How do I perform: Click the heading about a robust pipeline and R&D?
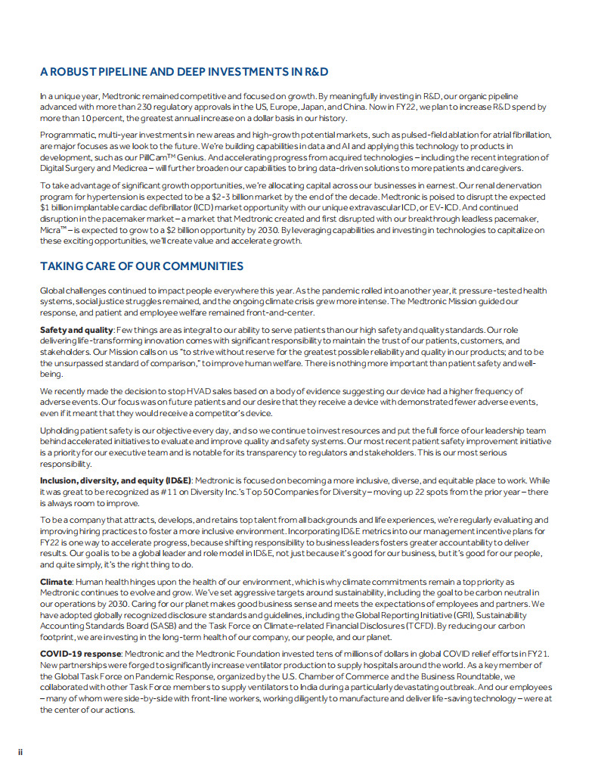[x=184, y=73]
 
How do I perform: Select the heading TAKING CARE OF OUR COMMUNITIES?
[x=141, y=266]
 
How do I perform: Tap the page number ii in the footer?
[x=21, y=751]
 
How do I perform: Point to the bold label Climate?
[x=56, y=582]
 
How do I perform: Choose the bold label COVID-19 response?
[x=80, y=653]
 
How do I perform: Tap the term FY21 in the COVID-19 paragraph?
[x=537, y=653]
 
